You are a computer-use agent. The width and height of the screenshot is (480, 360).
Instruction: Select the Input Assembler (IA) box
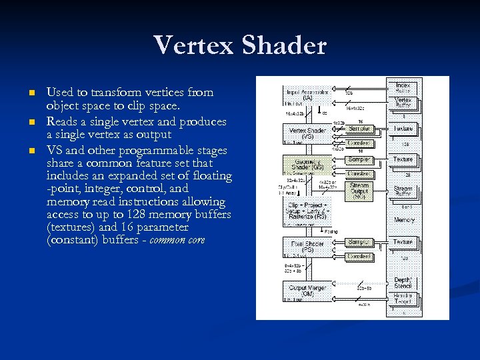pyautogui.click(x=307, y=95)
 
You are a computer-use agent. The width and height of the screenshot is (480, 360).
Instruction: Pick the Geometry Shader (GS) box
pyautogui.click(x=307, y=164)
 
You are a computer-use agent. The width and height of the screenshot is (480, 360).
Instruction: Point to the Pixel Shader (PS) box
pyautogui.click(x=307, y=246)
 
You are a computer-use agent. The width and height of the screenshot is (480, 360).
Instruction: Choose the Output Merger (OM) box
pyautogui.click(x=307, y=291)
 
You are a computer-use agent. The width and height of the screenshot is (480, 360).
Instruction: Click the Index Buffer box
pyautogui.click(x=403, y=87)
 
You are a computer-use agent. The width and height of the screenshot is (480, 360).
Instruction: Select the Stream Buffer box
pyautogui.click(x=403, y=192)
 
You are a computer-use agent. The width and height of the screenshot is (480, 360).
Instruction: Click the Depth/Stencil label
pyautogui.click(x=403, y=282)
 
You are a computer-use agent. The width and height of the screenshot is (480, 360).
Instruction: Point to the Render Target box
pyautogui.click(x=403, y=298)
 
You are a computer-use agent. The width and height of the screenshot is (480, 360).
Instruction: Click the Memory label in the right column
pyautogui.click(x=404, y=219)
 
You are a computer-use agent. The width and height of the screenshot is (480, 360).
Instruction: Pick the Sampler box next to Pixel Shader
pyautogui.click(x=359, y=242)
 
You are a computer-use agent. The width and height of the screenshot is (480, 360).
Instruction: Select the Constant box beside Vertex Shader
pyautogui.click(x=359, y=143)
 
